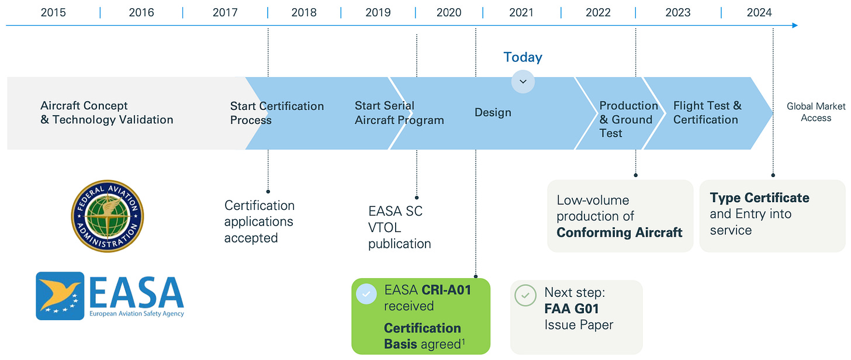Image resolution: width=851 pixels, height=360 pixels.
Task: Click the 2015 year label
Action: (53, 12)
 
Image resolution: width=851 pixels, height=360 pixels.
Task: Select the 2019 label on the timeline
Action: (378, 12)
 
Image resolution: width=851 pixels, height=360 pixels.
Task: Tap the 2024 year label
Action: (759, 12)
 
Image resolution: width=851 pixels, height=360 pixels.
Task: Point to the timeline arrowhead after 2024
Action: (794, 26)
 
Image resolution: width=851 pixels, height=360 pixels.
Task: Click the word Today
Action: (523, 57)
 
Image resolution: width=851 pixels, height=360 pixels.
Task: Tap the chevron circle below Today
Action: (523, 82)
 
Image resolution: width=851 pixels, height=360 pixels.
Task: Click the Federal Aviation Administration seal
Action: (108, 216)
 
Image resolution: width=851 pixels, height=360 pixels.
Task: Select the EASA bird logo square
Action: (60, 296)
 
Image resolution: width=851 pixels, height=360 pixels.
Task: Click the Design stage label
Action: (493, 112)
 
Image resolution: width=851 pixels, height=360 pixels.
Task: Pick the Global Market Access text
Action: (816, 112)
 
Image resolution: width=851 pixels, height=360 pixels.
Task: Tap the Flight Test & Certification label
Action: (707, 112)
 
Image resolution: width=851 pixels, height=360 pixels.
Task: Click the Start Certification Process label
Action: (276, 113)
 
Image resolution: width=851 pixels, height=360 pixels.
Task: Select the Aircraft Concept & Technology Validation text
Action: (107, 113)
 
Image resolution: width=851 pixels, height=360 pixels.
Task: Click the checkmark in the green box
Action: (366, 295)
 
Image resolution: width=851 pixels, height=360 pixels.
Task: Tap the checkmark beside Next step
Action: (525, 295)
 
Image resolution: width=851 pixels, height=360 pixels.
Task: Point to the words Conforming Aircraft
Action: (619, 233)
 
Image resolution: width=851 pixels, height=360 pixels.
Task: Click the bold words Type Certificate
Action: (759, 198)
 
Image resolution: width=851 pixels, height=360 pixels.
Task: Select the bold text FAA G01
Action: (572, 309)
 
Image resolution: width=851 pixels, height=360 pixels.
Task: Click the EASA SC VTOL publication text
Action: (400, 227)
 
